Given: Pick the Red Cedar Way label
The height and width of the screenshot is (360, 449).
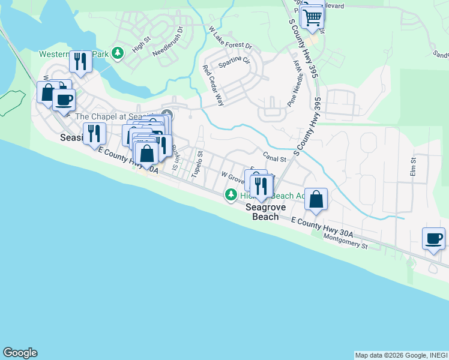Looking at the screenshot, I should pos(212,85).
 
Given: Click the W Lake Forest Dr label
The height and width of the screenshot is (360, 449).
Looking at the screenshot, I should pos(230,38).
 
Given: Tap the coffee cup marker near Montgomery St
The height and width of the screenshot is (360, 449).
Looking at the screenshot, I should pos(434,239).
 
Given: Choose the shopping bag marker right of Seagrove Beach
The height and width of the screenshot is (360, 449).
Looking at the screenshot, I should pos(316,199).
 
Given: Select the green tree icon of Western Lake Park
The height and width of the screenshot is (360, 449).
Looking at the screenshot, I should pos(118,53).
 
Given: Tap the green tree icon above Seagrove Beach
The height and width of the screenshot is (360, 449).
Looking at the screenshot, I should pos(231,194).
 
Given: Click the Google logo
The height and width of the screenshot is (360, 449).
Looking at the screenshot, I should pos(20,353).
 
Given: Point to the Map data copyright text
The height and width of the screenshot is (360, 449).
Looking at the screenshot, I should pos(400,355).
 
